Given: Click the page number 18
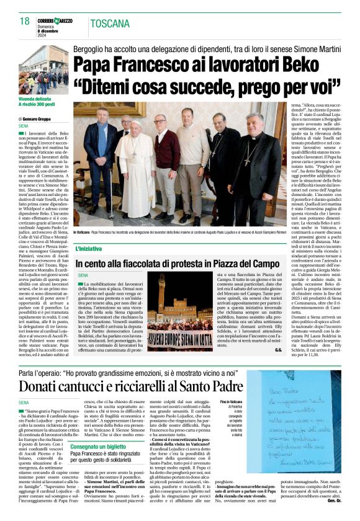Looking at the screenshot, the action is [24, 21].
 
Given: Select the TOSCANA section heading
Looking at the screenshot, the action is [110, 24].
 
